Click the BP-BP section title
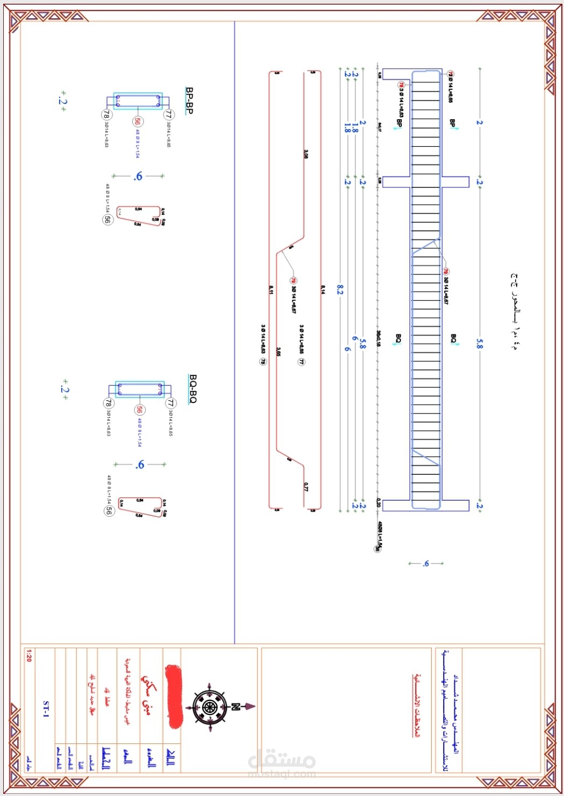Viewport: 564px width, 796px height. [x=189, y=100]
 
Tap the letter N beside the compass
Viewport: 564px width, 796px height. [x=235, y=706]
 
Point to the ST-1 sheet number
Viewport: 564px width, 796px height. [x=46, y=709]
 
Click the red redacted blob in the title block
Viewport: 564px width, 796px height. [x=173, y=697]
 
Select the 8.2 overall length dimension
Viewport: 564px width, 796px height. [x=340, y=290]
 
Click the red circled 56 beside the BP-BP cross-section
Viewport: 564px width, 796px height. [x=138, y=121]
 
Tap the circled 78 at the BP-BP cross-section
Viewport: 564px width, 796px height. [x=106, y=114]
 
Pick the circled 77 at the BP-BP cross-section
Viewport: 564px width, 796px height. [x=168, y=114]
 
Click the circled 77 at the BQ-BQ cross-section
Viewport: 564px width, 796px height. [x=170, y=402]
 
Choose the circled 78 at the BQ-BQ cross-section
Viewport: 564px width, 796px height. [x=109, y=403]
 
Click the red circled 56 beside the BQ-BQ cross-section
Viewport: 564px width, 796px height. [x=139, y=410]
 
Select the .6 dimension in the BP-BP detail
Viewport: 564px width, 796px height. [x=138, y=176]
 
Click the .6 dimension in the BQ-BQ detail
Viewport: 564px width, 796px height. [x=140, y=465]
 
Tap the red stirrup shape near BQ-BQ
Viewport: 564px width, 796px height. [x=140, y=506]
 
